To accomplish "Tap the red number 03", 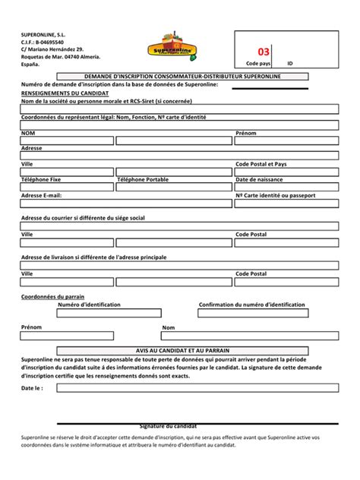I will coord(264,52).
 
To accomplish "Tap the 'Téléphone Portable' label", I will coord(143,179).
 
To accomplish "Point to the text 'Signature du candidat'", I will coord(168,426).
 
